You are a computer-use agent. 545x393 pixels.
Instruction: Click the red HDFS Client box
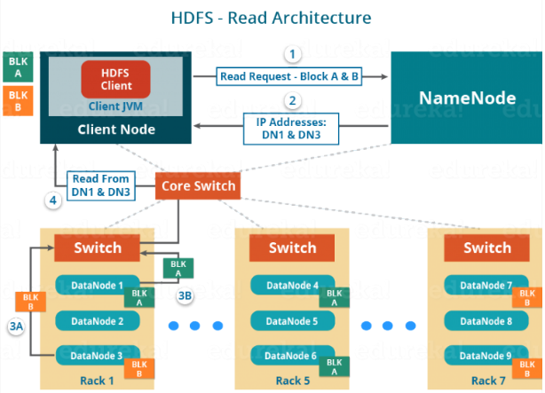coord(115,79)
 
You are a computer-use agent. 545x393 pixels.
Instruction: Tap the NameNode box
coord(467,98)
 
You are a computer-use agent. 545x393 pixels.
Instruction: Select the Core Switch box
coord(198,186)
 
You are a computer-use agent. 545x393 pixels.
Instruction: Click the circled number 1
coord(292,54)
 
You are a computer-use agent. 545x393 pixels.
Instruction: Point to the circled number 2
coord(292,101)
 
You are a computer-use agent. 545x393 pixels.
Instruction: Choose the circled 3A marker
coord(16,326)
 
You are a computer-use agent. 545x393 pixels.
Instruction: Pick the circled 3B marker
coord(185,295)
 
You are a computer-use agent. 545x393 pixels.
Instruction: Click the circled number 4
coord(53,200)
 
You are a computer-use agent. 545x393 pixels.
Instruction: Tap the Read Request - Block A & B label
coord(289,76)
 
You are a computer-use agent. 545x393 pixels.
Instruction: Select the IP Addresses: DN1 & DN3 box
coord(291,129)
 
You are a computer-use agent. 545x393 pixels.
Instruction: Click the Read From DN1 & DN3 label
coord(101,185)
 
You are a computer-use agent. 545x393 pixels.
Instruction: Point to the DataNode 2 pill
coord(98,321)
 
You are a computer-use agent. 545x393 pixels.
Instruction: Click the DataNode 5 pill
coord(292,321)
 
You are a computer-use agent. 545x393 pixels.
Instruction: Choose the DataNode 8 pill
coord(486,321)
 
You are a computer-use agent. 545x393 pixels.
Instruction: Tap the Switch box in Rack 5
coord(292,248)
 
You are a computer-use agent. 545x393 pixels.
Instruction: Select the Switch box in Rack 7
coord(487,248)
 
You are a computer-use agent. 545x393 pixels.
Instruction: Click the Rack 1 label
coord(97,381)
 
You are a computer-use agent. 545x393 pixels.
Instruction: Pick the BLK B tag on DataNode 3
coord(139,368)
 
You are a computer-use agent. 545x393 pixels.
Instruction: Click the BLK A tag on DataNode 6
coord(335,366)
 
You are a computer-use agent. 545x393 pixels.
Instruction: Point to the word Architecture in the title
coord(321,18)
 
